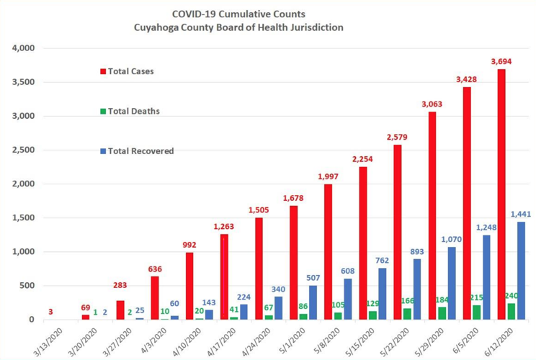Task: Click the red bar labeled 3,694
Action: (x=501, y=194)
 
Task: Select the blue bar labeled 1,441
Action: (x=520, y=271)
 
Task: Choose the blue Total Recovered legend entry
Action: (x=137, y=151)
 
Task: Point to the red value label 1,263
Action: (x=225, y=227)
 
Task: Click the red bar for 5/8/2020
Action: (x=328, y=252)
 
